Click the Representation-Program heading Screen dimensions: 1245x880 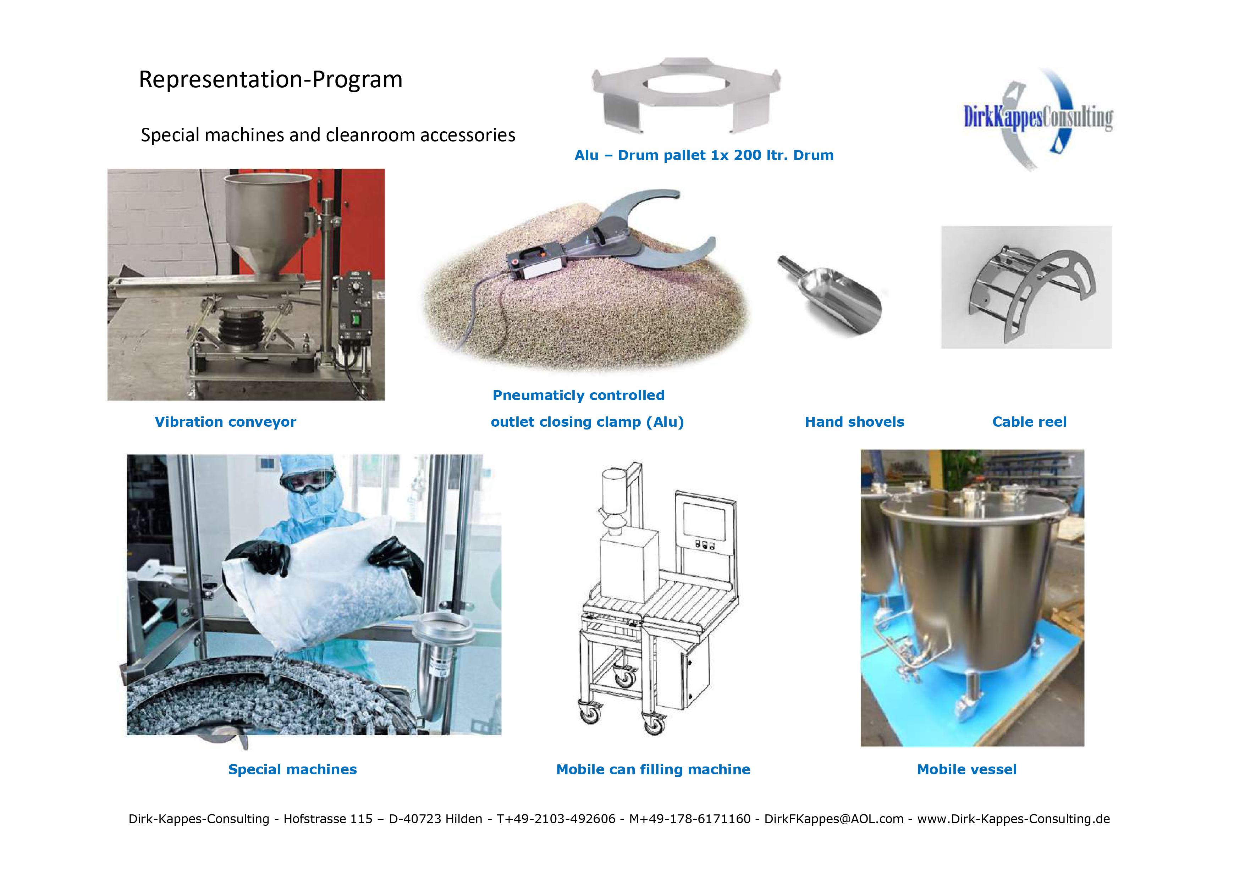pyautogui.click(x=271, y=80)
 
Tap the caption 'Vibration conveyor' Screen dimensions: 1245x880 pyautogui.click(x=226, y=422)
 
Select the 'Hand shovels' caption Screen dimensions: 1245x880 pyautogui.click(x=855, y=422)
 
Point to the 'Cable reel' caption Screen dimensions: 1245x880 pyautogui.click(x=1029, y=422)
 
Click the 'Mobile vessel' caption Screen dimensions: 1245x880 pyautogui.click(x=967, y=769)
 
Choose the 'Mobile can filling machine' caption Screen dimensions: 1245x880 pyautogui.click(x=654, y=769)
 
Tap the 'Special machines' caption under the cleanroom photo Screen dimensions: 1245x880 pyautogui.click(x=292, y=769)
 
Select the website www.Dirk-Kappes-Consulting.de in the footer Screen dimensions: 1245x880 pyautogui.click(x=1013, y=819)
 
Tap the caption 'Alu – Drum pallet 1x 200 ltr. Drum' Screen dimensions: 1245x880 pyautogui.click(x=704, y=156)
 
